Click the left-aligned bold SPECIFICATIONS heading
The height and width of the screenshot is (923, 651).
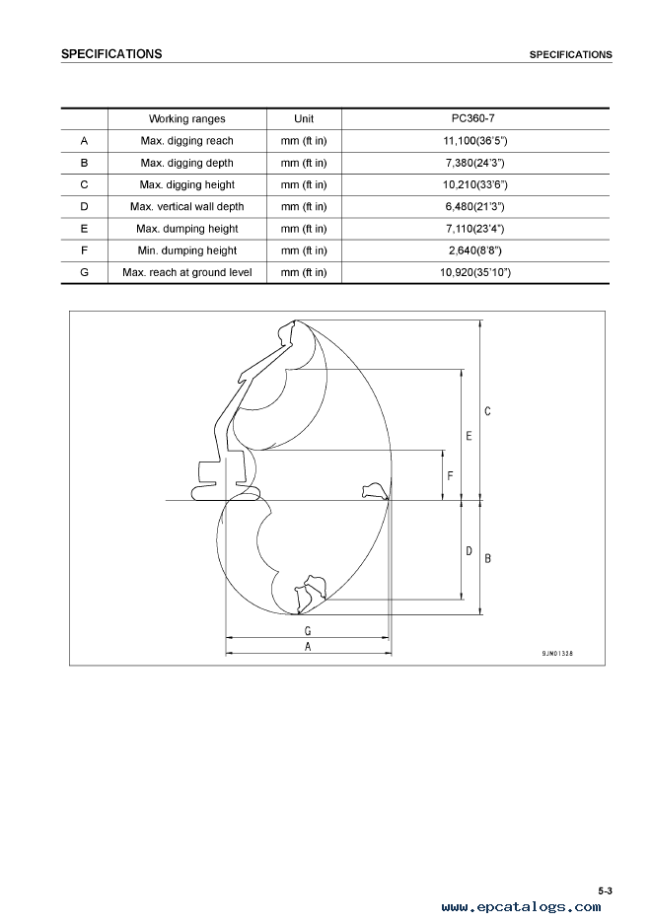111,54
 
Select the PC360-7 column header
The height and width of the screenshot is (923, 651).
473,118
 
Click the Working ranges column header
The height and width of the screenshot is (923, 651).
187,119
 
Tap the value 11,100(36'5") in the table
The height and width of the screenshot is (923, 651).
475,141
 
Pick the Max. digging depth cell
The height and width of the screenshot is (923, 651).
187,163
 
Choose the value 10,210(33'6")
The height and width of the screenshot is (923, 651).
475,184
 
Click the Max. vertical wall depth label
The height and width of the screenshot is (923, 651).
187,207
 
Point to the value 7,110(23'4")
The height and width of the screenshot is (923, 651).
475,229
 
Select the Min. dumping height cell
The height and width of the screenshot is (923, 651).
187,250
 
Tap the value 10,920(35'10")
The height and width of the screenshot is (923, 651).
475,272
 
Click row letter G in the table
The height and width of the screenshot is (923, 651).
84,272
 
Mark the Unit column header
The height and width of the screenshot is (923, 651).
304,119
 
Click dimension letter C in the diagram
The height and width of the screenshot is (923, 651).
487,411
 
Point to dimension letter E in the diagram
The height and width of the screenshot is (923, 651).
469,436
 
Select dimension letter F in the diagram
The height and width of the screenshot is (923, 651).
451,475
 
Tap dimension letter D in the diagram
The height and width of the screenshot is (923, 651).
470,551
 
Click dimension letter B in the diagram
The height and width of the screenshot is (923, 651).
488,558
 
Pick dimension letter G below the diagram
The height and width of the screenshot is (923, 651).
308,631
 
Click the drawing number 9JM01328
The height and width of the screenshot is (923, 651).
557,654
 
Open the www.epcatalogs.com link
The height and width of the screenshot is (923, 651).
522,907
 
